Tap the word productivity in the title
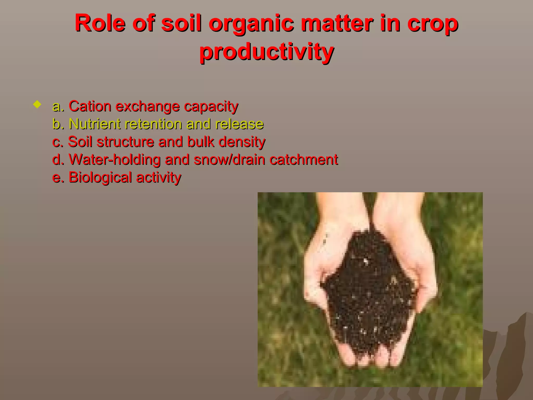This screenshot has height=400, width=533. tap(266, 52)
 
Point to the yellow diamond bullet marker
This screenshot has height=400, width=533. tap(37, 105)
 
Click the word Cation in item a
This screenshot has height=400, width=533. tap(90, 106)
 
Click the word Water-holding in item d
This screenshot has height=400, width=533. tap(115, 160)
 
